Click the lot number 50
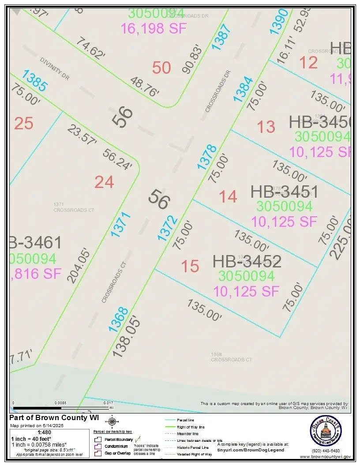[x=161, y=68]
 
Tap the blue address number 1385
[x=35, y=81]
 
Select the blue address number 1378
[x=207, y=157]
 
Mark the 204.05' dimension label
[x=79, y=265]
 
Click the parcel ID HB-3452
[x=247, y=261]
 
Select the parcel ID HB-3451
[x=284, y=192]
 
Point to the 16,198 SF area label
[x=154, y=28]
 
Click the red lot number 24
[x=104, y=182]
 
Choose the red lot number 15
[x=190, y=266]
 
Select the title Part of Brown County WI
[x=54, y=418]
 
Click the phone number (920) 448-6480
[x=326, y=451]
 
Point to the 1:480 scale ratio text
[x=45, y=432]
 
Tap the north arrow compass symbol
[x=112, y=421]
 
